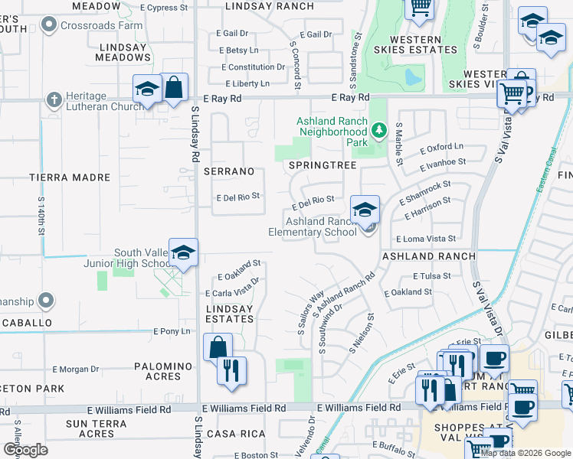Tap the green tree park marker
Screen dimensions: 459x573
click(378, 132)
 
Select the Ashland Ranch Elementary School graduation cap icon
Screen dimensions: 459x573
click(365, 208)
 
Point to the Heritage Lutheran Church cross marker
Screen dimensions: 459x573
click(54, 99)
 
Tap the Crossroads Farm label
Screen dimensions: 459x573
click(103, 25)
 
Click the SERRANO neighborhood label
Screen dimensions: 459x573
click(228, 171)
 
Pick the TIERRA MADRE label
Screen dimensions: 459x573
click(70, 177)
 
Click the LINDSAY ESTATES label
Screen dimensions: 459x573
click(230, 314)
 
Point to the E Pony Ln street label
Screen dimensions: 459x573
click(171, 331)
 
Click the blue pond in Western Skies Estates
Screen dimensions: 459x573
click(413, 77)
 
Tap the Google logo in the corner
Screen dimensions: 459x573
click(25, 449)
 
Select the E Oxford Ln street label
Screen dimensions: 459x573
click(442, 147)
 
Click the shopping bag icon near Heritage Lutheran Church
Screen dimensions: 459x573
click(174, 89)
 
